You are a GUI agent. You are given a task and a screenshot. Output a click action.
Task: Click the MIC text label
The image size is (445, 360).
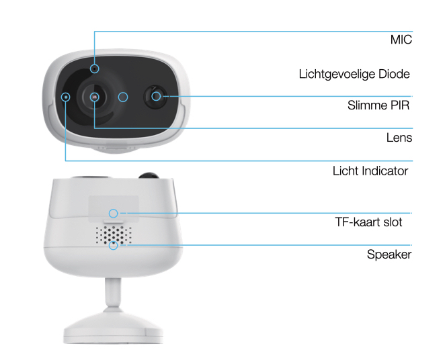click(401, 40)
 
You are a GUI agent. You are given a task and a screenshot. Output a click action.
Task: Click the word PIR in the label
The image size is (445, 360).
click(400, 105)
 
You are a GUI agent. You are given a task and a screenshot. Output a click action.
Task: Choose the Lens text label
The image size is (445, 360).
click(399, 138)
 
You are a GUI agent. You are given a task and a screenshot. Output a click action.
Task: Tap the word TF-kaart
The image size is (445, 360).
click(358, 222)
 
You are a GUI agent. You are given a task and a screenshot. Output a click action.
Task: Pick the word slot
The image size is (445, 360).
click(393, 222)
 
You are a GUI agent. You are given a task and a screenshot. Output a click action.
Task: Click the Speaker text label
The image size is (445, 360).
click(389, 255)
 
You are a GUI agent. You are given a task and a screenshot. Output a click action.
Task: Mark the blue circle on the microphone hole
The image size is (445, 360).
click(95, 69)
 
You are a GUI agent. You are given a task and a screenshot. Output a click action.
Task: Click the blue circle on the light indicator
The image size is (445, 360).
click(66, 97)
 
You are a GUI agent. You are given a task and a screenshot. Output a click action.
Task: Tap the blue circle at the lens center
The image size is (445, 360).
click(95, 97)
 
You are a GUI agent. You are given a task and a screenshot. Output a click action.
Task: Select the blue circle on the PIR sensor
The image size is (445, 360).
click(156, 96)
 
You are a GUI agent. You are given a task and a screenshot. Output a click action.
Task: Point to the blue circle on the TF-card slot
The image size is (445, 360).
click(114, 214)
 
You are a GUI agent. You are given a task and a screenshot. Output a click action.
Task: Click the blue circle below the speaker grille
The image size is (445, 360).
click(114, 245)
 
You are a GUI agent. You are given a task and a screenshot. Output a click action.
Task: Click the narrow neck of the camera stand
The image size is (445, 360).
click(113, 292)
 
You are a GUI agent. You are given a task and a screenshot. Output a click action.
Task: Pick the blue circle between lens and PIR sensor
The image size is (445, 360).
click(123, 97)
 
